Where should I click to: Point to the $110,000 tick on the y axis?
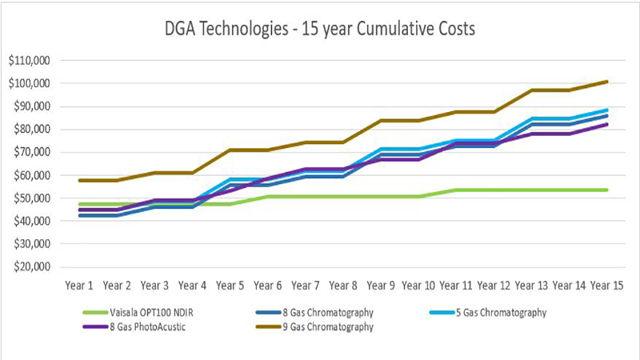tap(30, 60)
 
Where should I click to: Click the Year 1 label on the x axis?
tap(79, 284)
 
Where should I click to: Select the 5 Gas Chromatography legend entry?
tap(502, 313)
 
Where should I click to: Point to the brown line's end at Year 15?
tap(608, 81)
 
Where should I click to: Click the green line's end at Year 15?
tap(608, 190)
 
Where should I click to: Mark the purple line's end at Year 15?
tap(608, 124)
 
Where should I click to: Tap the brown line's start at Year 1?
tap(79, 180)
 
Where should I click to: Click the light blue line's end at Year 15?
tap(608, 110)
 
